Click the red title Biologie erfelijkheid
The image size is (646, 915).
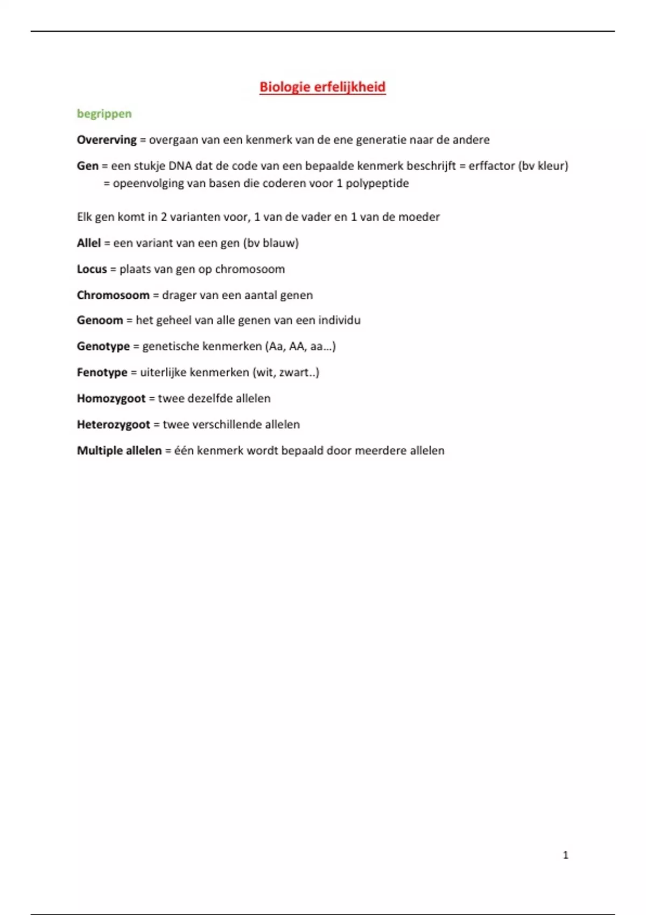[322, 87]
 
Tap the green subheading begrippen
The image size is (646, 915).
[104, 114]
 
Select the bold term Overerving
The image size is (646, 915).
[107, 140]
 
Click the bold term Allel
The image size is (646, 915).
[88, 243]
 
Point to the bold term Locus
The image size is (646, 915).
[92, 269]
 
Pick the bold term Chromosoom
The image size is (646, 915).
[113, 295]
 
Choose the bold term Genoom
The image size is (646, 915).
[100, 320]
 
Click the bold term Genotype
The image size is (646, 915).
[103, 346]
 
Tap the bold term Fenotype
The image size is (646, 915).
[102, 372]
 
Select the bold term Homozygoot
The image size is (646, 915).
[111, 398]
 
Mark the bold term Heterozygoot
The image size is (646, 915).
[113, 425]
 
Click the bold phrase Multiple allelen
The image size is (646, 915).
[119, 451]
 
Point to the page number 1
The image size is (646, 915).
[565, 855]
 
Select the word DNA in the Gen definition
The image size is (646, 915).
[180, 166]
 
